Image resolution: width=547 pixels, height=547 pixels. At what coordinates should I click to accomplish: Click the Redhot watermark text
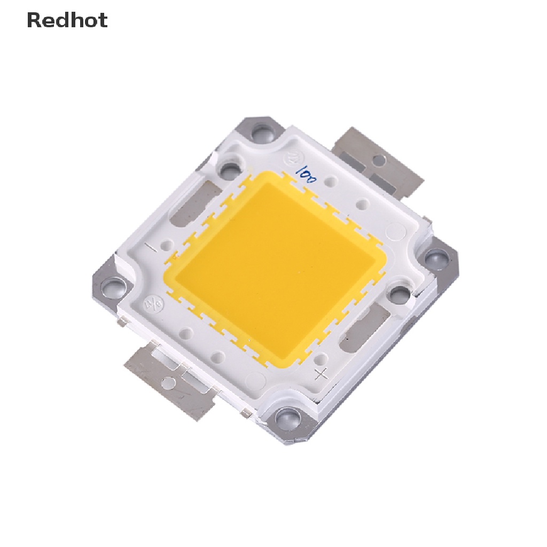[67, 20]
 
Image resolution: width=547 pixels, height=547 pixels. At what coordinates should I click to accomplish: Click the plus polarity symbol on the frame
[321, 373]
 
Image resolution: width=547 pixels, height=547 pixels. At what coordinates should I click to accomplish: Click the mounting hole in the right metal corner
[438, 260]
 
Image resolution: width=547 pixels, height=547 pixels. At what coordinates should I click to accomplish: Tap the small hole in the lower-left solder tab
[169, 381]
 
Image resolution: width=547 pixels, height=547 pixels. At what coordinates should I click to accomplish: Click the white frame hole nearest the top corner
[230, 170]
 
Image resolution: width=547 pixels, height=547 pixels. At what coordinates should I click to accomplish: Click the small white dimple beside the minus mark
[168, 246]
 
